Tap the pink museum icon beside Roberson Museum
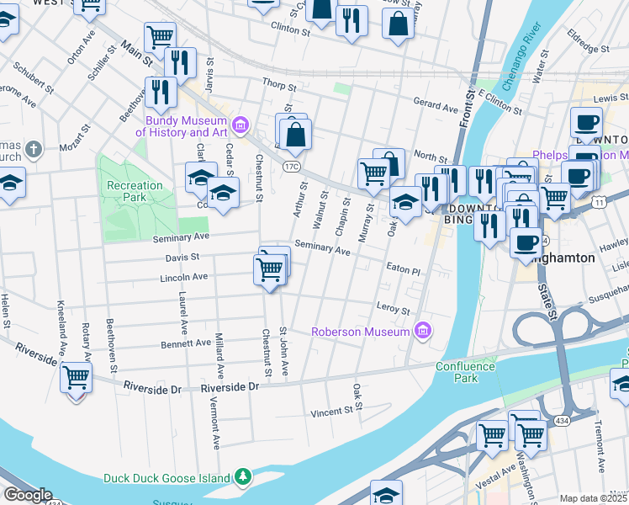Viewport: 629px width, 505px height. (423, 331)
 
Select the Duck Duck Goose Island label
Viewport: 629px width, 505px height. (166, 478)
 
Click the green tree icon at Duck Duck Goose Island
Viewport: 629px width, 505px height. (243, 477)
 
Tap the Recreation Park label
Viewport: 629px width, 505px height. (135, 191)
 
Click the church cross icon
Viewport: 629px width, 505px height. (33, 151)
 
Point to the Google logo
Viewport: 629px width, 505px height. (27, 495)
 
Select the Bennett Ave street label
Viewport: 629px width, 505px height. (187, 343)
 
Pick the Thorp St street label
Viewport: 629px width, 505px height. (279, 86)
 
